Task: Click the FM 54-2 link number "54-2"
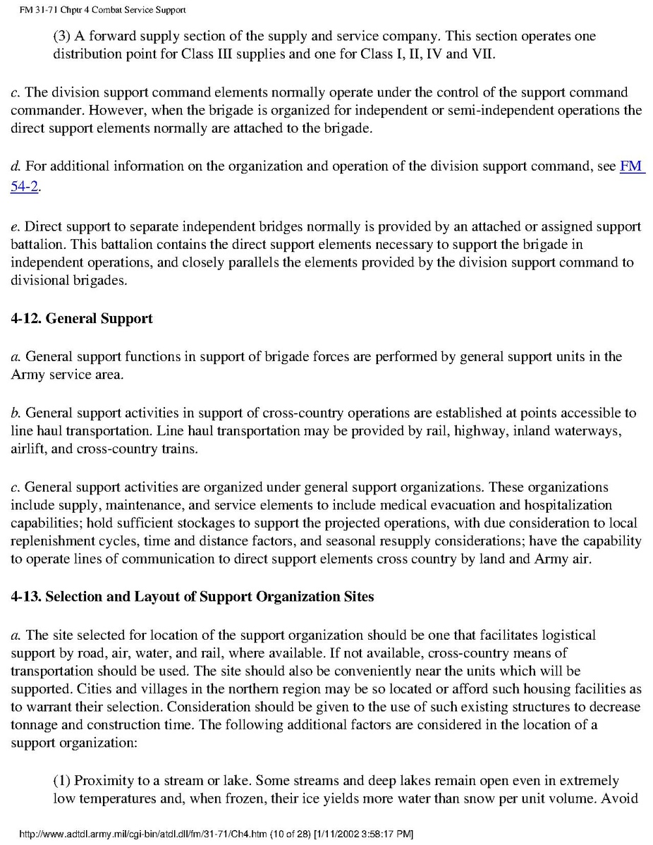pos(24,187)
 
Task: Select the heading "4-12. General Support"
pos(82,319)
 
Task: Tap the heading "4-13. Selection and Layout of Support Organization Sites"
pos(192,596)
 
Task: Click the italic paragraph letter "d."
pos(16,167)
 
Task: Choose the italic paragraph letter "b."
pos(16,413)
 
